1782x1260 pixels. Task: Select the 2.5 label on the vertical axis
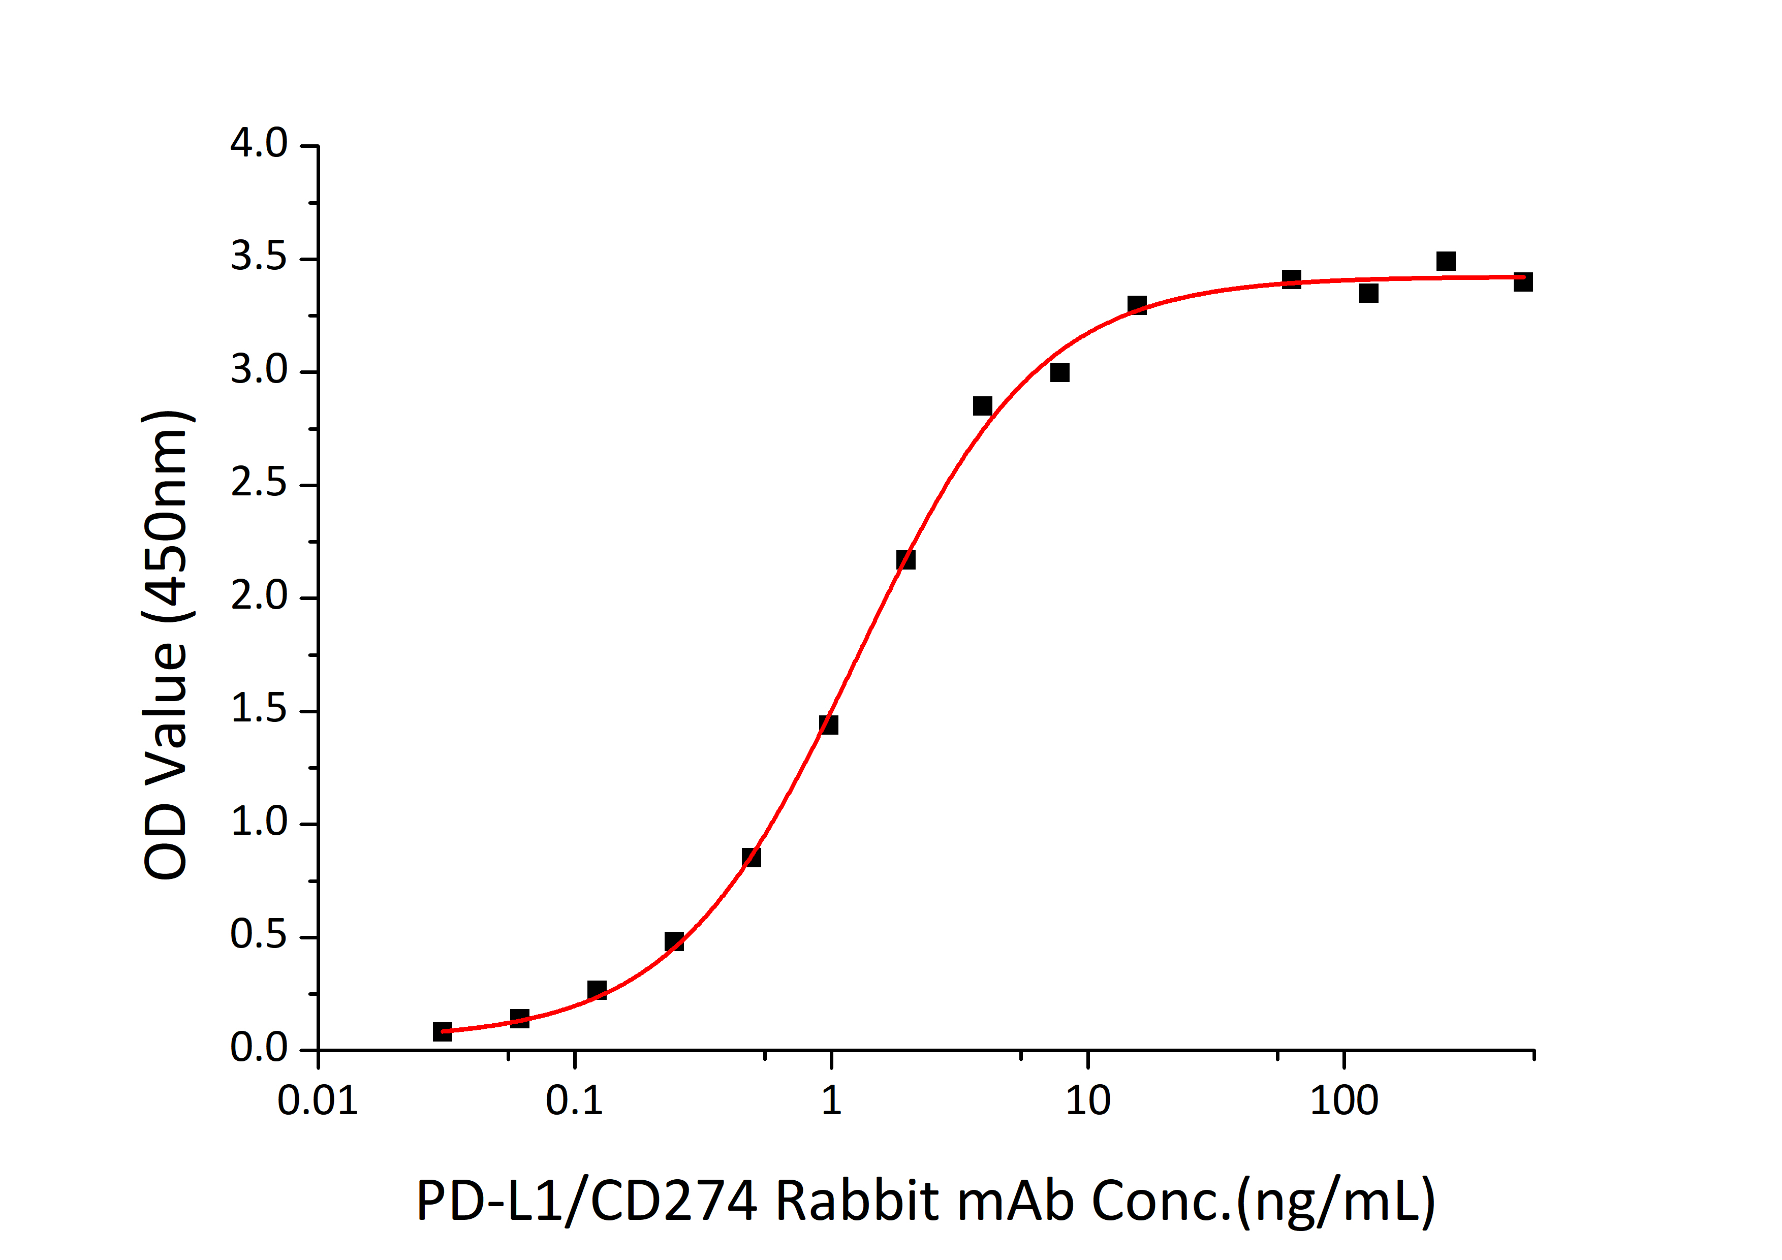coord(259,484)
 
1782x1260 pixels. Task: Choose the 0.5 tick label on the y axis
coord(259,936)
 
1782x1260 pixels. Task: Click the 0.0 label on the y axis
coord(259,1049)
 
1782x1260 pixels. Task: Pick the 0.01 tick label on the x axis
coord(318,1101)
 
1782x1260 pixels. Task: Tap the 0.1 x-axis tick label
coord(574,1101)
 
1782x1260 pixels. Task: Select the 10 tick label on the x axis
coord(1087,1101)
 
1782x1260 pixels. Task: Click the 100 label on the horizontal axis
coord(1343,1101)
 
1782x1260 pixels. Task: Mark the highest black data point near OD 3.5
coord(1445,261)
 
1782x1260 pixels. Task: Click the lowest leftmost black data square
coord(443,1031)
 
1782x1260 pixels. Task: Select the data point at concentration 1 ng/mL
coord(828,724)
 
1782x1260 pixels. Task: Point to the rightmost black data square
coord(1523,281)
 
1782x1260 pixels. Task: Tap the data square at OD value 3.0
coord(1059,372)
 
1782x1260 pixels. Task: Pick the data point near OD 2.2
coord(905,559)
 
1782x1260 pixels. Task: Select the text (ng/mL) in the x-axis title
coord(1336,1202)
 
